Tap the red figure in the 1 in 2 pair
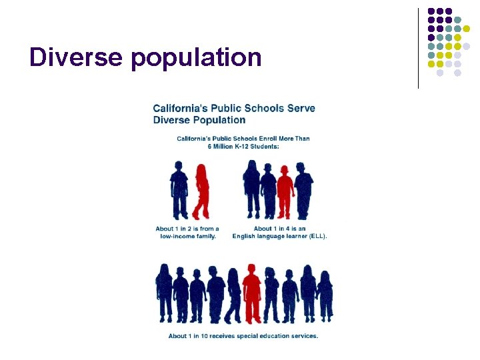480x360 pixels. point(201,192)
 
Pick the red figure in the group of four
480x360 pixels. point(285,192)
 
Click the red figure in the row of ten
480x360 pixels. point(251,293)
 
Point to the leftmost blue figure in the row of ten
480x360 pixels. point(164,293)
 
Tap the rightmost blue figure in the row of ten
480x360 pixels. point(325,295)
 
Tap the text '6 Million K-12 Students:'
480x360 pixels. point(243,146)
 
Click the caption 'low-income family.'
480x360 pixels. point(187,236)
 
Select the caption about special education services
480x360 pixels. point(243,336)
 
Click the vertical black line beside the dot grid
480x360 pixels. point(418,48)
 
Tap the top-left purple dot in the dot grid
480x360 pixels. point(431,11)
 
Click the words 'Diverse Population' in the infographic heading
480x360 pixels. point(199,120)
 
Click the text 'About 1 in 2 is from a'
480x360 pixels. point(187,229)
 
